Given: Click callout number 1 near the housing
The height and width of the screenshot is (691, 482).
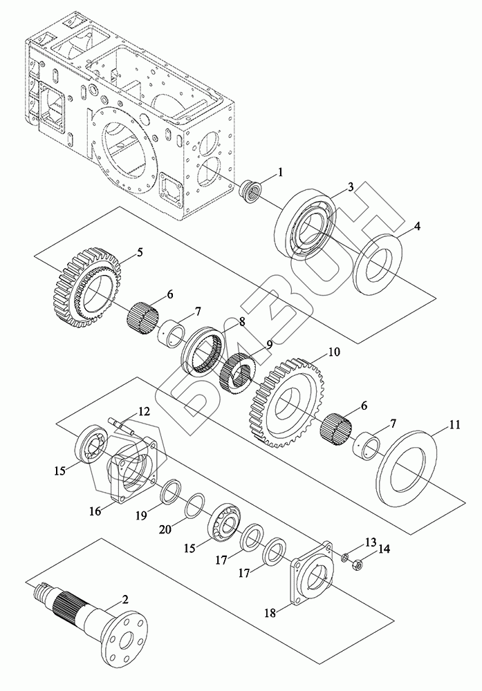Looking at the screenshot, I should (280, 172).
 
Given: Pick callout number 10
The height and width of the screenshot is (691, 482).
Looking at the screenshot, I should (334, 352).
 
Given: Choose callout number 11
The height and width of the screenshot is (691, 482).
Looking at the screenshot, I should (435, 426).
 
